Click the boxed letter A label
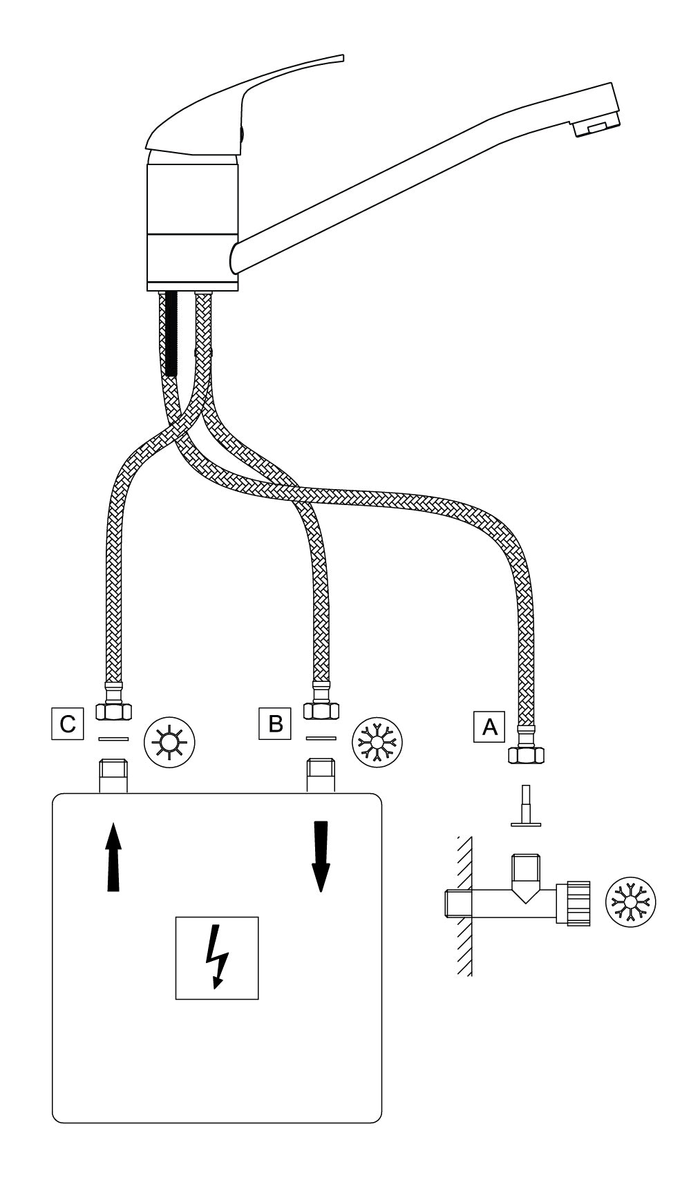click(x=489, y=726)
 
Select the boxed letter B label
click(x=275, y=723)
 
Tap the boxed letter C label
click(x=68, y=723)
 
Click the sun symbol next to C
click(x=169, y=743)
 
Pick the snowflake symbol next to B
click(x=377, y=743)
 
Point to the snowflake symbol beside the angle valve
click(x=630, y=903)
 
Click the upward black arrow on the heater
click(x=113, y=857)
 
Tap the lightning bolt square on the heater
click(x=217, y=958)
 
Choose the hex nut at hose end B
click(x=321, y=710)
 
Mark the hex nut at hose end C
click(x=113, y=710)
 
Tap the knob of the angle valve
click(x=578, y=903)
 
